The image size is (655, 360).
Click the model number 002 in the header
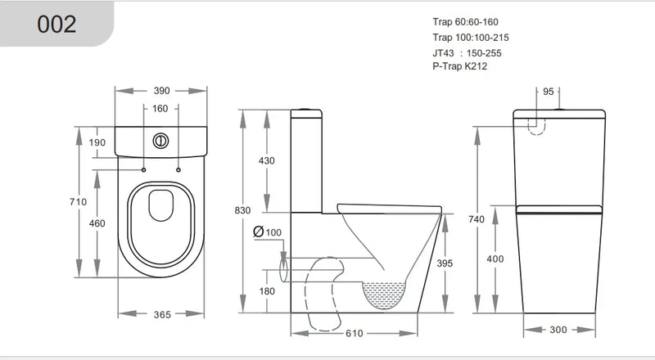click(x=57, y=24)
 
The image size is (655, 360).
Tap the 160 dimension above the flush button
click(x=160, y=108)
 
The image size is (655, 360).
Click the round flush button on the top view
click(x=161, y=140)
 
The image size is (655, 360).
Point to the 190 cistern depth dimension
click(x=98, y=142)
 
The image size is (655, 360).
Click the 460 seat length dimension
click(x=98, y=223)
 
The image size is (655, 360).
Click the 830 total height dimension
click(x=243, y=210)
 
